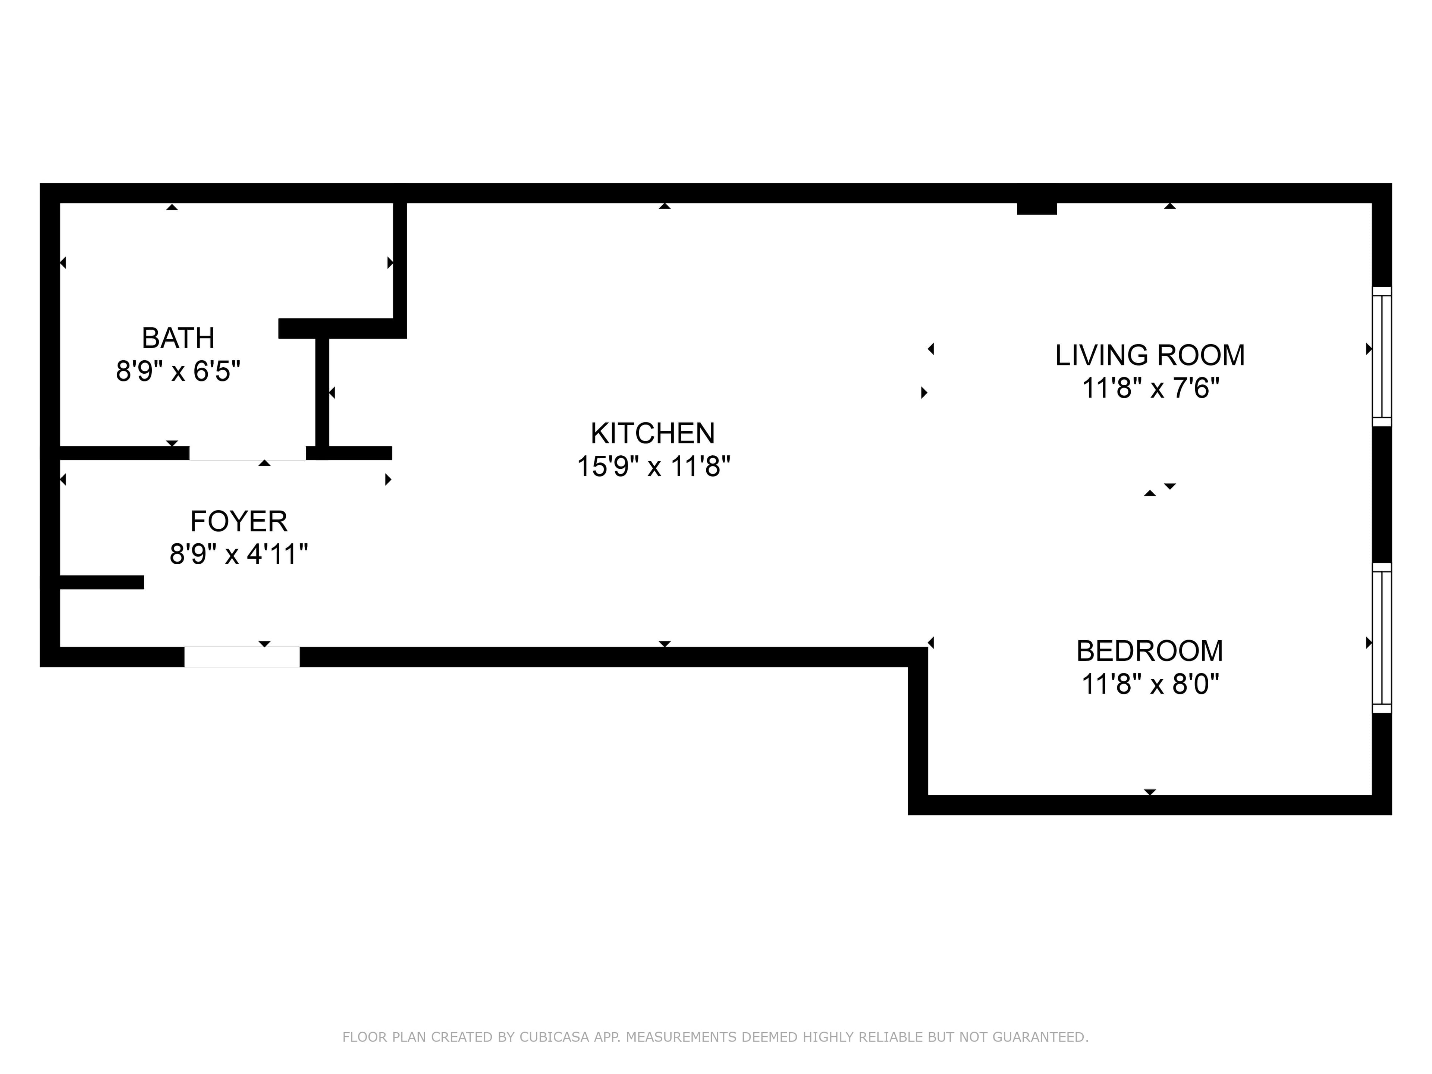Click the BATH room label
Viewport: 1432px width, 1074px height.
point(178,338)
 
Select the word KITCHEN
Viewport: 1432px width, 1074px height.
point(653,433)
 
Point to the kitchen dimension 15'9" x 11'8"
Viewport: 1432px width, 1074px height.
point(653,466)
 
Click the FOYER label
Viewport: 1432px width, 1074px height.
point(239,521)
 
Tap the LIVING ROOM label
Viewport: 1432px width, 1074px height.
point(1150,355)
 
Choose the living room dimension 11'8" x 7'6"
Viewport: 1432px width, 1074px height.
point(1150,389)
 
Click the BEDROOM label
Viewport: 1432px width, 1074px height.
point(1150,651)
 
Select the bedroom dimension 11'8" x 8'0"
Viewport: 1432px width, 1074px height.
point(1150,684)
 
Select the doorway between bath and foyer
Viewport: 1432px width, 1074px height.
point(247,453)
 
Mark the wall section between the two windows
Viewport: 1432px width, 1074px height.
point(1382,494)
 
